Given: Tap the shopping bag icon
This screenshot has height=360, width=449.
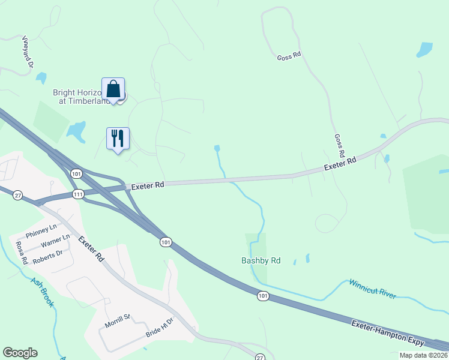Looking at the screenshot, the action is pos(113,89).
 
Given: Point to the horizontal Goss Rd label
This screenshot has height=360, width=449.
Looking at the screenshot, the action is pos(289,57).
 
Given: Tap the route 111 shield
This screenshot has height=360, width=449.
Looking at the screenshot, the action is pos(78,194).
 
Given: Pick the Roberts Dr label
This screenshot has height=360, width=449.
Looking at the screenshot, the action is pos(48,256).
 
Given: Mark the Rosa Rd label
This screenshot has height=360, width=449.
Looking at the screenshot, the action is pos(22,253).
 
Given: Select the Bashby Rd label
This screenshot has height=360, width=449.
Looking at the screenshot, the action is pos(261,261).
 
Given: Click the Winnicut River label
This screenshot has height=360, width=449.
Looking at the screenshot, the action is pos(373,288).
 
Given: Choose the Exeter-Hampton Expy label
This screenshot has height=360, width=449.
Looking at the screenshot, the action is pos(388,333).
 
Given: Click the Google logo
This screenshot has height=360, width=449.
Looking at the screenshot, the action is pos(20,353).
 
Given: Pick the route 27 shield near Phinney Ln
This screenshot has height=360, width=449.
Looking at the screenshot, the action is pos(18,195).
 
